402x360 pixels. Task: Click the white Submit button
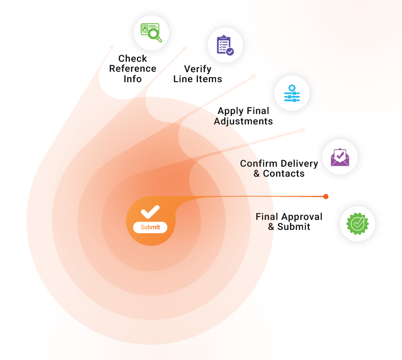coord(150,227)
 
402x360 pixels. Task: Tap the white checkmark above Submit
coord(150,212)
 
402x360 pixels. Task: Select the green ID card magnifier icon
coord(151,33)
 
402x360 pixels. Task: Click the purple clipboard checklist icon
coord(225,45)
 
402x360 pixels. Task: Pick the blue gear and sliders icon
coord(292,93)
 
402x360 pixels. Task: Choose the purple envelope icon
coord(340,157)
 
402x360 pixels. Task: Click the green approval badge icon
coord(357,224)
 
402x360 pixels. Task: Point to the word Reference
coord(133,68)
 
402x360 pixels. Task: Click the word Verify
coord(197,69)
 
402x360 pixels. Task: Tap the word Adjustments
coord(243,121)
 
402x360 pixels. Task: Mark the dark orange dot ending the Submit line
coord(326,196)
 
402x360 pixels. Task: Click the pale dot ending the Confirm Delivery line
coord(302,130)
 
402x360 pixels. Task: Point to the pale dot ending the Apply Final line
coord(253,76)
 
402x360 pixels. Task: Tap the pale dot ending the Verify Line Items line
coord(185,48)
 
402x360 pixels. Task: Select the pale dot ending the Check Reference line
coord(112,47)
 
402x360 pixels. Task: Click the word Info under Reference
coord(133,79)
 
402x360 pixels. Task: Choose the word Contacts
coord(284,173)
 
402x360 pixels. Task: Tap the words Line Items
coord(197,79)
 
